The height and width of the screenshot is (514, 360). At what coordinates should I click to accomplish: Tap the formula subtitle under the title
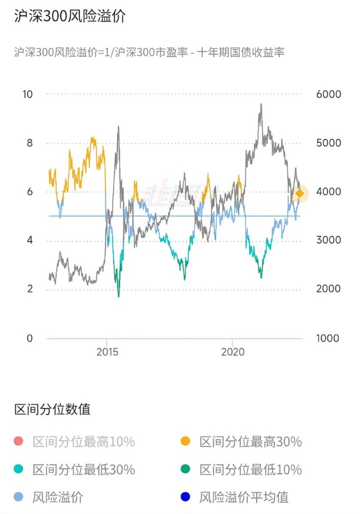(149, 52)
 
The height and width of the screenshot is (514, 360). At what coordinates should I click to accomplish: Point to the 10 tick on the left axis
(28, 94)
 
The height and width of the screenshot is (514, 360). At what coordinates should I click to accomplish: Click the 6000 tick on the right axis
(328, 94)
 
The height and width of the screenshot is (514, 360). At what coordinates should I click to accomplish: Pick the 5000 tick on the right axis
(328, 143)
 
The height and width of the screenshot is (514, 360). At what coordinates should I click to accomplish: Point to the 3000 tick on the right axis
(328, 240)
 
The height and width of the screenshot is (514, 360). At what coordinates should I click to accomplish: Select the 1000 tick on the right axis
(328, 338)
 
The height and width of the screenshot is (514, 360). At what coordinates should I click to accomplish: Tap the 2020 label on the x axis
(232, 352)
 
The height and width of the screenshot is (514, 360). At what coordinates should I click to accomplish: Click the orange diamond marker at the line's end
(300, 193)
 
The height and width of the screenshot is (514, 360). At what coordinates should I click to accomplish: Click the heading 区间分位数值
(52, 409)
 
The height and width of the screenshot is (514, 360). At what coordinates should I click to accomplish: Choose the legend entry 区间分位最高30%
(250, 441)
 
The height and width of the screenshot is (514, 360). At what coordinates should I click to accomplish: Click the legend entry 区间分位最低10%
(250, 469)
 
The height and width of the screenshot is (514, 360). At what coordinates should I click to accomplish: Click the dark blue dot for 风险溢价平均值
(186, 497)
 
